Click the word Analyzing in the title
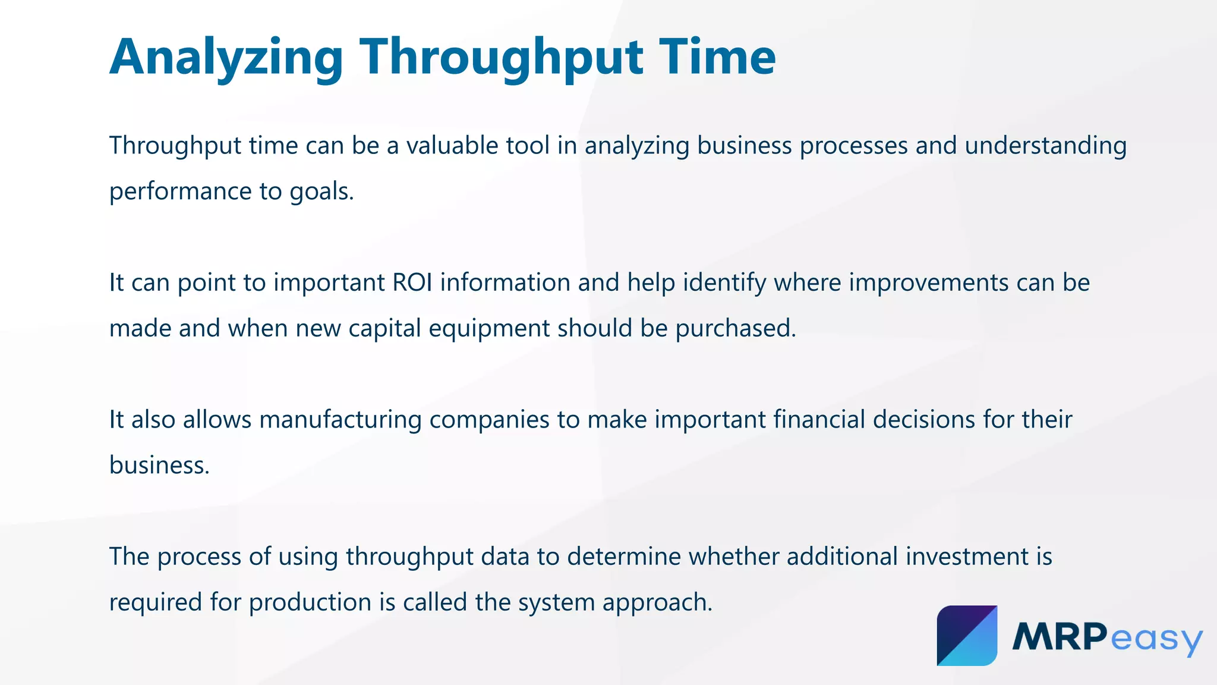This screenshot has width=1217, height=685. [226, 58]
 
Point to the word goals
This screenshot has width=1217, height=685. [321, 191]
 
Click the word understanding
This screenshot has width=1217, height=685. [1045, 146]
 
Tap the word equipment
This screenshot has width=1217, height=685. [489, 328]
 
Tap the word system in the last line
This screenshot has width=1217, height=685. [556, 602]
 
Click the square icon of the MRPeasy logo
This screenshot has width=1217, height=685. [967, 636]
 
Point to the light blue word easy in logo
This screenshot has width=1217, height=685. [1156, 639]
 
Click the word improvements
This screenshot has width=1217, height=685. [928, 282]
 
